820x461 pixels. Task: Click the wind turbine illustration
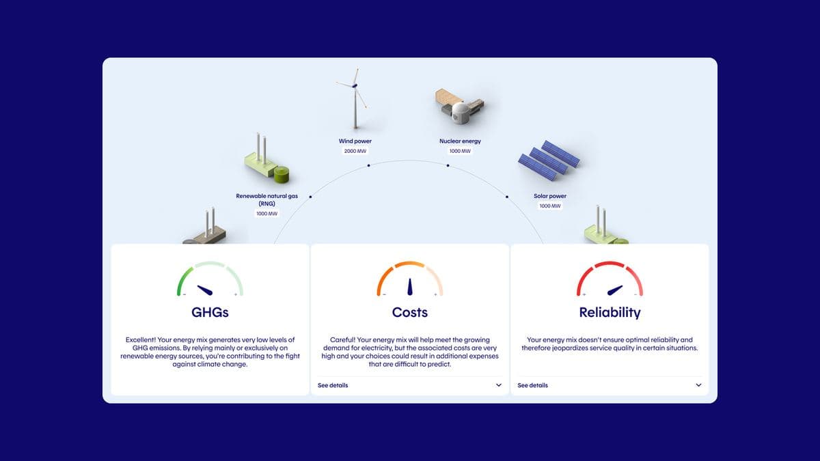pos(355,98)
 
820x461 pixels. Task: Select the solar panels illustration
pos(549,160)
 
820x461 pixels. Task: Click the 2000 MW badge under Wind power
pos(355,151)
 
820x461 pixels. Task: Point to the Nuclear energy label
pos(460,141)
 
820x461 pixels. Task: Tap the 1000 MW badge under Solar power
pos(550,206)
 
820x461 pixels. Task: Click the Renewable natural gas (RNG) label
pos(267,199)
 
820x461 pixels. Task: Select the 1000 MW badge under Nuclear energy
pos(460,151)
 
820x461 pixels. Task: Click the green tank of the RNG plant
pos(282,174)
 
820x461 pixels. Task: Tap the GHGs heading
pos(210,312)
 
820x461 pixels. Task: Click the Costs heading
pos(409,312)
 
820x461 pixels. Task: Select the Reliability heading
pos(610,313)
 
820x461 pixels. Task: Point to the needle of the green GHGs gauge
pos(205,290)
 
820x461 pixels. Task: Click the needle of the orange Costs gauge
pos(410,287)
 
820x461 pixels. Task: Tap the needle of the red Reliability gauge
pos(615,290)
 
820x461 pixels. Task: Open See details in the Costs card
pos(333,385)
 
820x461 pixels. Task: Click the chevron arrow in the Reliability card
pos(698,385)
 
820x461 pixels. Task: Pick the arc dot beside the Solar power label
pos(507,197)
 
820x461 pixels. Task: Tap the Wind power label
pos(355,141)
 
